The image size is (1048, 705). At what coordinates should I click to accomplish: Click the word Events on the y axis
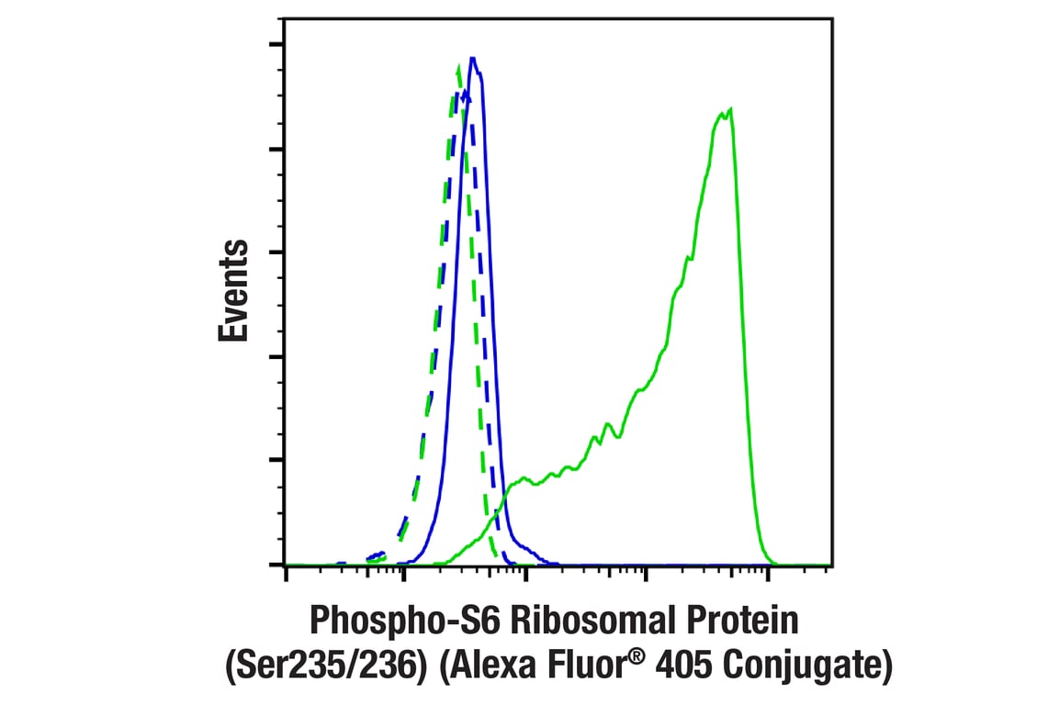pyautogui.click(x=234, y=291)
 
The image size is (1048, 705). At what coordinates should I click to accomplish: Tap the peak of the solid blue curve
pyautogui.click(x=472, y=58)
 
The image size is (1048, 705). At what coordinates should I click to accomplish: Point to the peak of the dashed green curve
pyautogui.click(x=458, y=66)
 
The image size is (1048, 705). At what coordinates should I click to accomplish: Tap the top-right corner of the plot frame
pyautogui.click(x=831, y=20)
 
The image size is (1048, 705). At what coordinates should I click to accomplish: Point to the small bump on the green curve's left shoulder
pyautogui.click(x=524, y=478)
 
